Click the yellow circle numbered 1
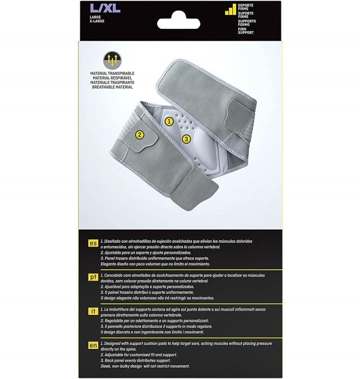point(169,121)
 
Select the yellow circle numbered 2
point(139,135)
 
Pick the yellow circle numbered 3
point(187,139)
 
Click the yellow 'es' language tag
point(94,243)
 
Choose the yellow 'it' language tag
point(94,310)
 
